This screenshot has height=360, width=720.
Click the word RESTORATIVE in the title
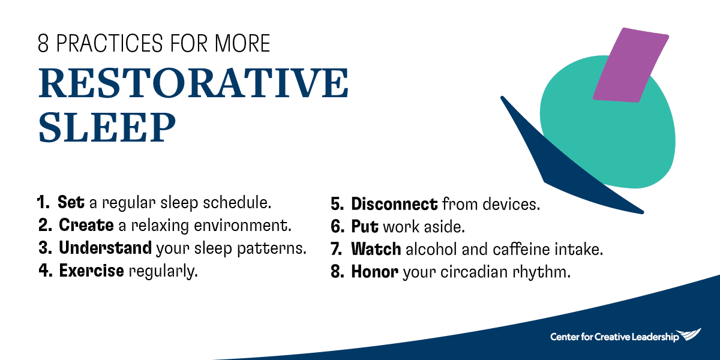193,83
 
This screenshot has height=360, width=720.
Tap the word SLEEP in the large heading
107,127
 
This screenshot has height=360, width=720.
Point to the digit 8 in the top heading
43,43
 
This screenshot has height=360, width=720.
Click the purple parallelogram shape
631,65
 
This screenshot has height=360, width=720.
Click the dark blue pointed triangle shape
559,161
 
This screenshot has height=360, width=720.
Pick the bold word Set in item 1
71,202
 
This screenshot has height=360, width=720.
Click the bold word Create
86,225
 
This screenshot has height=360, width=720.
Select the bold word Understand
105,248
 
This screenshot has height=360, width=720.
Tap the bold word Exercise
92,271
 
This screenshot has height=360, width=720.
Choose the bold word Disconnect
394,204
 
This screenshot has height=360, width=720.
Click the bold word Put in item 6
365,227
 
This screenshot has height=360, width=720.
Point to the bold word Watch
376,249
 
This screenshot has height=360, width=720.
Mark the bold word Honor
374,272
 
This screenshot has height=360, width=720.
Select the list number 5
337,205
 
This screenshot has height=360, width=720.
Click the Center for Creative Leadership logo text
614,337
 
